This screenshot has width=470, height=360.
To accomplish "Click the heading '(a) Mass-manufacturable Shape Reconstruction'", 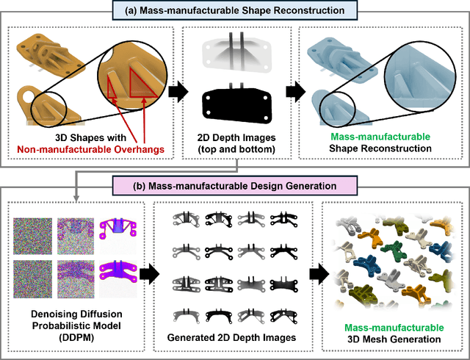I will pos(234,10).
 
